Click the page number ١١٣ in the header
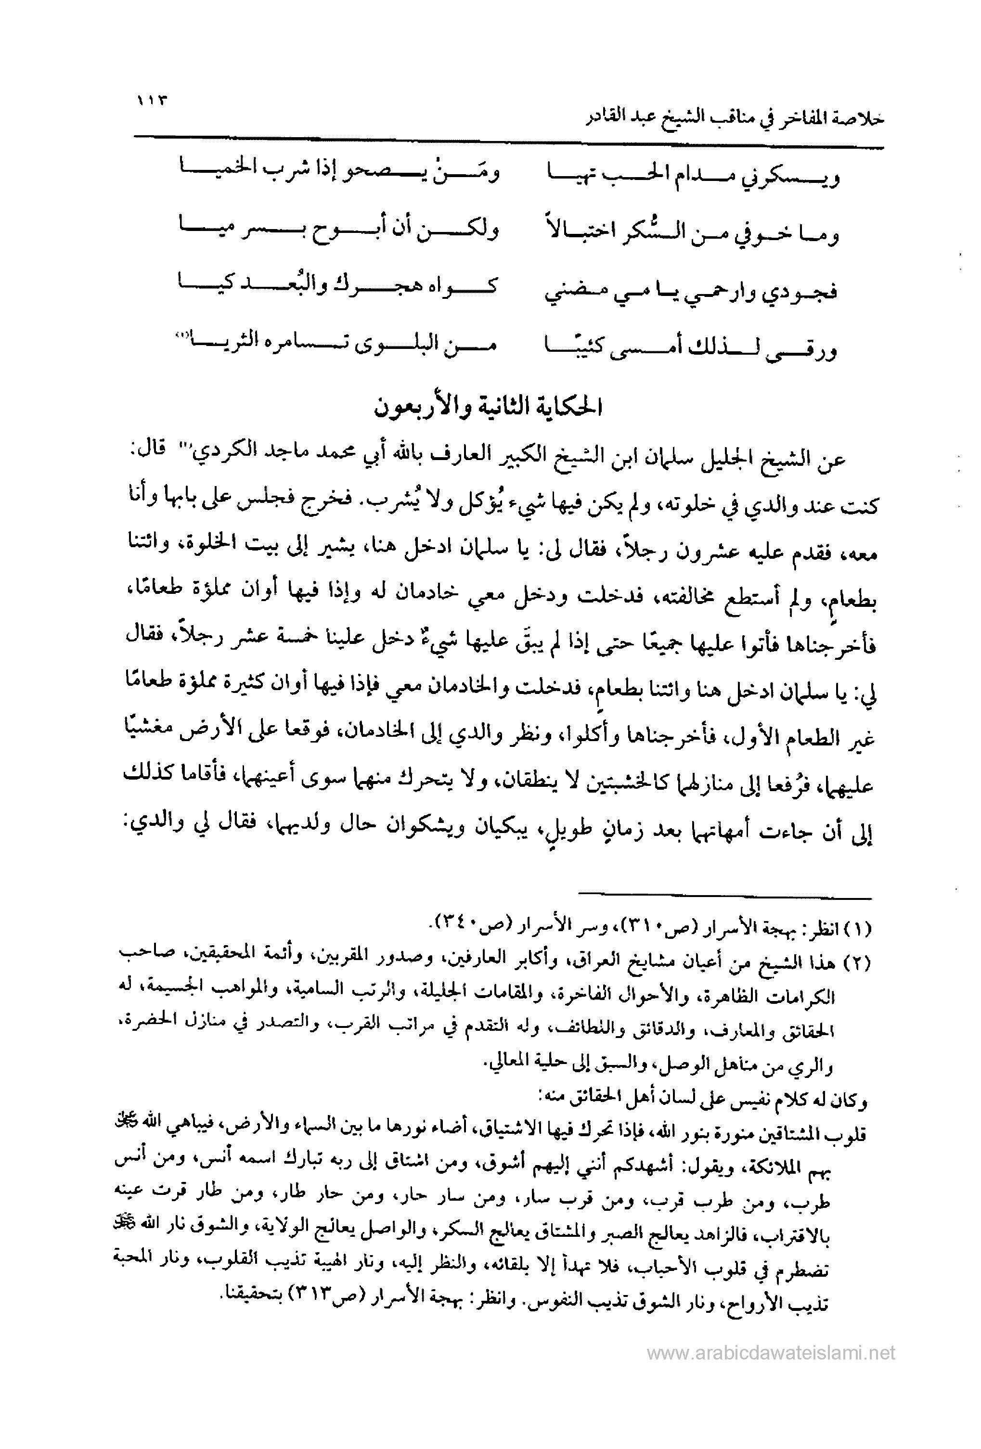pyautogui.click(x=152, y=101)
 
